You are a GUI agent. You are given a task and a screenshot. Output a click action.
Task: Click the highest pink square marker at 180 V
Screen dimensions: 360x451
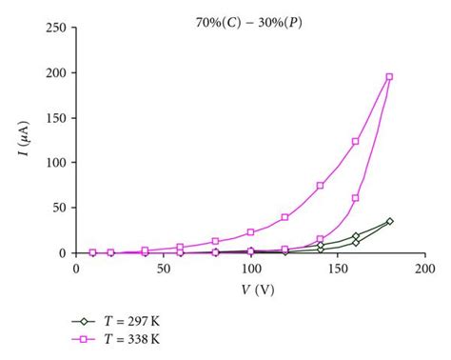coord(390,76)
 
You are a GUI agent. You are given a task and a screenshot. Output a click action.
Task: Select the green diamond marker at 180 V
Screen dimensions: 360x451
coord(390,221)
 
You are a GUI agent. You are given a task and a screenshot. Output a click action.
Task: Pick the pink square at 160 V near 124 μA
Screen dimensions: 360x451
coord(356,141)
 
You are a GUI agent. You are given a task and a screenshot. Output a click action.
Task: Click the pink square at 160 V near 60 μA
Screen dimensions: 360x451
coord(356,198)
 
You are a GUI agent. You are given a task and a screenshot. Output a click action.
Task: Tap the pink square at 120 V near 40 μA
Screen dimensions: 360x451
coord(285,217)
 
